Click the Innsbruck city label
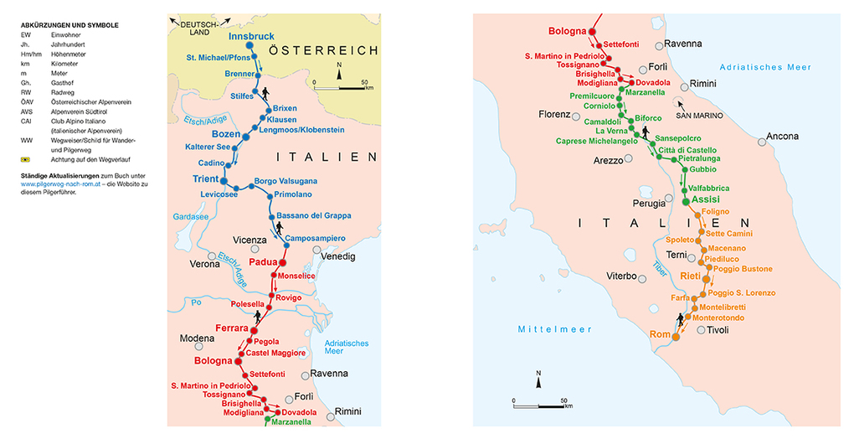point(251,37)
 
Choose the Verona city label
point(205,263)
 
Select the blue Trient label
point(204,179)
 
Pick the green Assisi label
point(706,200)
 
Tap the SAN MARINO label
point(695,116)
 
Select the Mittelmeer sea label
point(545,328)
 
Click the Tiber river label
point(660,268)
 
